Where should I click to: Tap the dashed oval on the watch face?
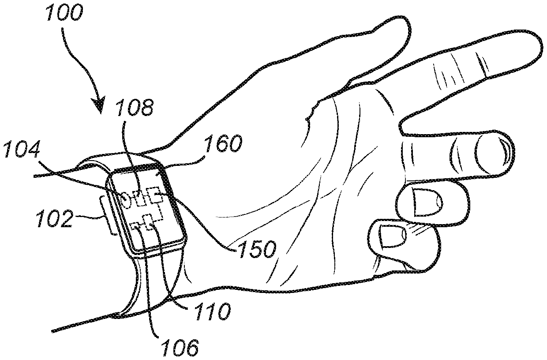[x=126, y=200]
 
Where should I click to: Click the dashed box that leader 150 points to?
[x=155, y=195]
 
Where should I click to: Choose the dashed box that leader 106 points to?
[x=136, y=226]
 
